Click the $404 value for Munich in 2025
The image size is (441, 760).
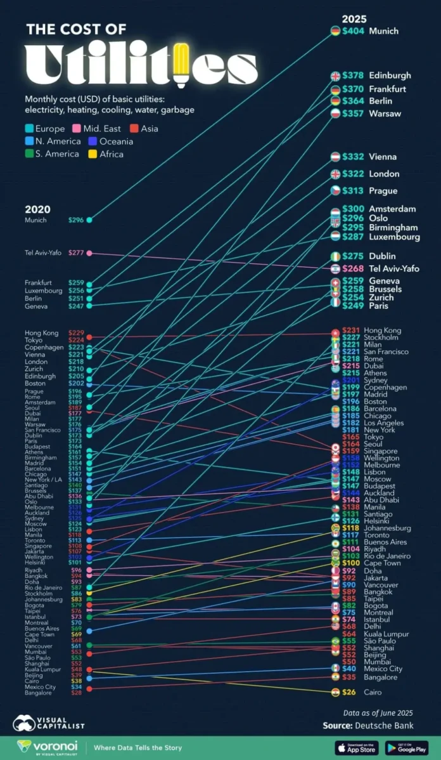point(353,30)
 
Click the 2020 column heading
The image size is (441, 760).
point(37,209)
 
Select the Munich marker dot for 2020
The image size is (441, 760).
point(89,220)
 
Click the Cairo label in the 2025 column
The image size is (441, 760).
point(374,692)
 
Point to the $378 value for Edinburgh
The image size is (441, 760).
point(353,75)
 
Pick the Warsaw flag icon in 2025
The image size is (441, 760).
point(335,113)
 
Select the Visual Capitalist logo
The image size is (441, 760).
point(49,723)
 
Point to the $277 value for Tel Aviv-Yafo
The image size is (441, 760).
point(76,253)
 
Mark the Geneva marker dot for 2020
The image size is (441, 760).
point(89,306)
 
